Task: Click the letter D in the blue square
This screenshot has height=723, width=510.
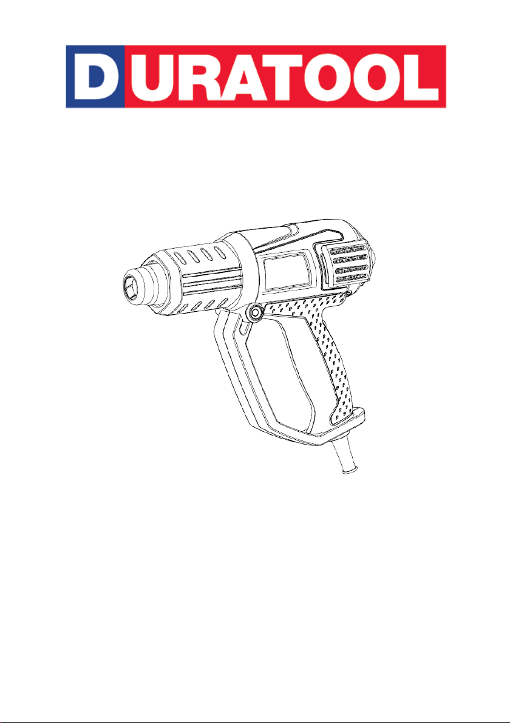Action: [94, 76]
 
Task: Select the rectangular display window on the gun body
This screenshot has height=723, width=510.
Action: [286, 271]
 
